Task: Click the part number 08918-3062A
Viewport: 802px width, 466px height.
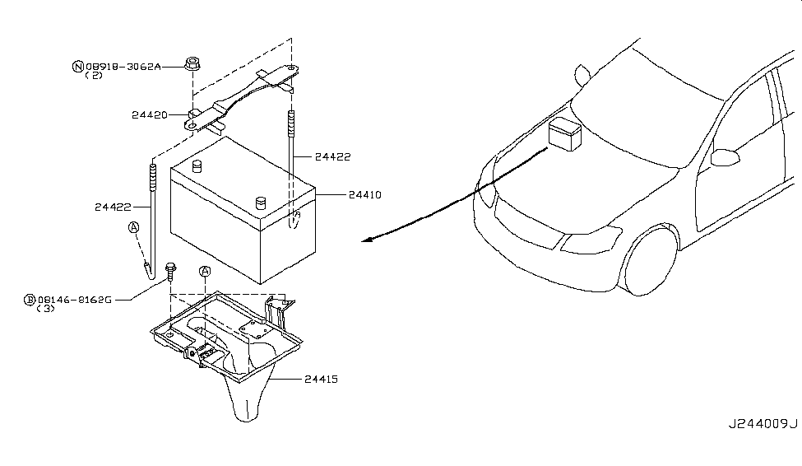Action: coord(123,67)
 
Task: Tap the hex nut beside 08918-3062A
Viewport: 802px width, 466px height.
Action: coord(192,64)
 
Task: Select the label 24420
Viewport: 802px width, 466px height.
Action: coord(150,115)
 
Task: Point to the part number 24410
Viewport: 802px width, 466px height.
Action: coord(364,195)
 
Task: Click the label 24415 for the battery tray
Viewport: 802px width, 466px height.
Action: coord(321,380)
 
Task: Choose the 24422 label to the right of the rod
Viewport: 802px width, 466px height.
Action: coord(332,157)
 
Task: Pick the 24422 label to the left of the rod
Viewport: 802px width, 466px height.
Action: coord(113,207)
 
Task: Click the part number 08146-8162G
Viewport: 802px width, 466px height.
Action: coord(75,300)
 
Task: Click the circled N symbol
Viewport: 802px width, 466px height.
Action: coord(78,67)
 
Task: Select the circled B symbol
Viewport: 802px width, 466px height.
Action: coord(30,300)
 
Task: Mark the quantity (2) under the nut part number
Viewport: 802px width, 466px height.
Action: coord(94,76)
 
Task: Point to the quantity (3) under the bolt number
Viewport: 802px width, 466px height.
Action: coord(45,309)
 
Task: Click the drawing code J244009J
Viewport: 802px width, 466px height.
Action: coord(763,424)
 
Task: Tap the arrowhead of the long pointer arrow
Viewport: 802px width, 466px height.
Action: coord(365,240)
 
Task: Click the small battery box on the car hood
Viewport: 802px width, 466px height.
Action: coord(564,133)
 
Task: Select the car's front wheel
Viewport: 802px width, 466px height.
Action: coord(651,261)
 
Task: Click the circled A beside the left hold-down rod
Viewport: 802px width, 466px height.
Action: coord(133,227)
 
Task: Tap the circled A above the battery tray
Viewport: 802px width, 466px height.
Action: coord(205,272)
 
